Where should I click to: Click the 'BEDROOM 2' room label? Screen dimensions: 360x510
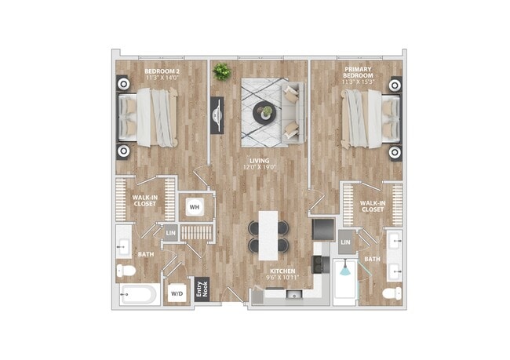pyautogui.click(x=162, y=71)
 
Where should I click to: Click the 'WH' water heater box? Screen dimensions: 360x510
pyautogui.click(x=194, y=207)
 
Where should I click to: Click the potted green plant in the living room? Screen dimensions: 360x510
pyautogui.click(x=220, y=70)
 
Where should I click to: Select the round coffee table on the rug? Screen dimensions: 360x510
pyautogui.click(x=263, y=113)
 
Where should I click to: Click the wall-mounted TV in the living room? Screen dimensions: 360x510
pyautogui.click(x=216, y=115)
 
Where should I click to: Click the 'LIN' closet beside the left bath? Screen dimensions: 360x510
pyautogui.click(x=170, y=232)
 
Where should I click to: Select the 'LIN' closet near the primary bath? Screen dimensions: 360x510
pyautogui.click(x=346, y=243)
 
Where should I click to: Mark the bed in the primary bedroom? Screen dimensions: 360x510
pyautogui.click(x=369, y=118)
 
